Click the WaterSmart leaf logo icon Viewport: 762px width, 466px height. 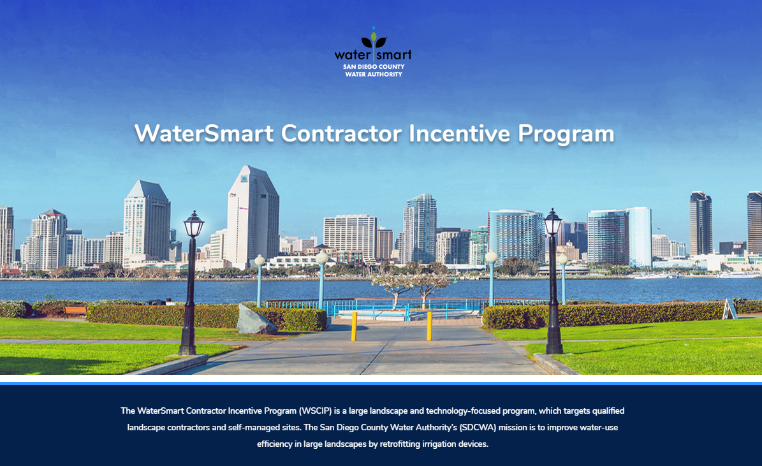[x=374, y=39]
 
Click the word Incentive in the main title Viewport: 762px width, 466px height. [x=459, y=134]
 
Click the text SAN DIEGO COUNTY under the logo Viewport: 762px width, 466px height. [x=374, y=66]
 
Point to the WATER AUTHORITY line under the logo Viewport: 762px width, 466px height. [x=374, y=75]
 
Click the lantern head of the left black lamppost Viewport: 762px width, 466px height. [x=193, y=224]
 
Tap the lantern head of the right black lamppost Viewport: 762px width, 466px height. [x=553, y=222]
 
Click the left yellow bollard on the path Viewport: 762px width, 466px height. [x=354, y=326]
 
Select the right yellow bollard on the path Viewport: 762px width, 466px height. [x=429, y=326]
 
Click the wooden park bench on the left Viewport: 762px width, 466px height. [x=75, y=311]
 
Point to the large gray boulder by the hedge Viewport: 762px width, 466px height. [x=256, y=320]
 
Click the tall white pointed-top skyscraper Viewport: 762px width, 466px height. [x=253, y=215]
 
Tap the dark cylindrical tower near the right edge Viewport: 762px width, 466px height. [x=700, y=223]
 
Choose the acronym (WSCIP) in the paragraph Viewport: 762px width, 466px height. [x=316, y=411]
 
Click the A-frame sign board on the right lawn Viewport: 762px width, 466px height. [x=729, y=309]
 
